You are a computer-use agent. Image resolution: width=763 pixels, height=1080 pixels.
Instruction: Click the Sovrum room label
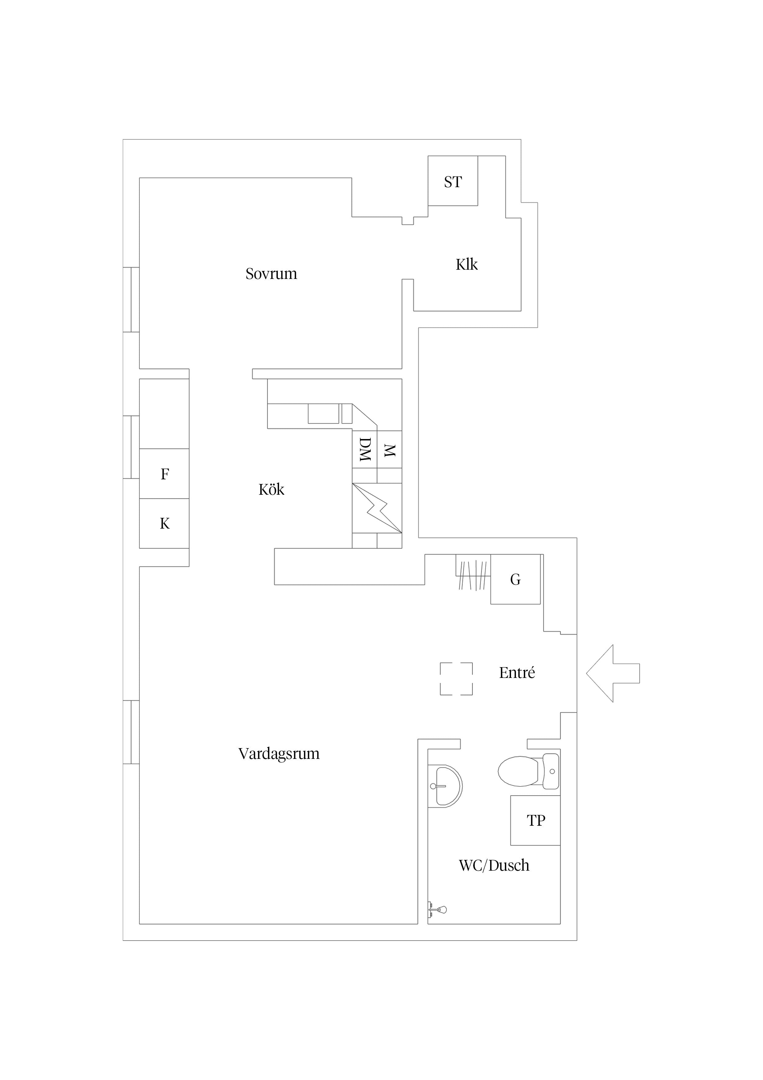(x=271, y=274)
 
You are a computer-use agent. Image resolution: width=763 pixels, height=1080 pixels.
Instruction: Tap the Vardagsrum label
(x=279, y=754)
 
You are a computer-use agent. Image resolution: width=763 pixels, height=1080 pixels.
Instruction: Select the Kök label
(x=271, y=490)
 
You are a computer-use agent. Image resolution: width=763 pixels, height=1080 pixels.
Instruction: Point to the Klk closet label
(x=467, y=264)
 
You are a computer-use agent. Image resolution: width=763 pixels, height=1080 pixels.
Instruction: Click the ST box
(x=453, y=181)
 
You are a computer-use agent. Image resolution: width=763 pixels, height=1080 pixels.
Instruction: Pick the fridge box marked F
(x=164, y=474)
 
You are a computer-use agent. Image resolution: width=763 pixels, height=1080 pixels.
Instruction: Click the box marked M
(x=389, y=449)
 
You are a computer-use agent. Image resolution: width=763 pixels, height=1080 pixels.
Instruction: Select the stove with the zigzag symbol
(x=377, y=508)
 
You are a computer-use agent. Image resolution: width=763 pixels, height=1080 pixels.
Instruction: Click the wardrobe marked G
(x=515, y=579)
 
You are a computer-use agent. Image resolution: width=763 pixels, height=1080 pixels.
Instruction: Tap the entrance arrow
(x=613, y=673)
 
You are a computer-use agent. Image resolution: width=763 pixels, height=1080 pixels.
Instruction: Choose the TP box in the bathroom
(x=535, y=821)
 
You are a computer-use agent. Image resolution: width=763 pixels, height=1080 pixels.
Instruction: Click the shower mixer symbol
(x=437, y=910)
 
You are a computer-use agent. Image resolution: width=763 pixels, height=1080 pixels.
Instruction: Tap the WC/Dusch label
(x=494, y=865)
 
